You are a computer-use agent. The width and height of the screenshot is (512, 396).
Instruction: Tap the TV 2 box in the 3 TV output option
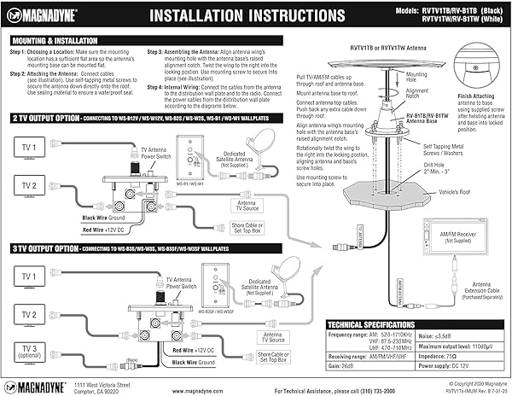click(28, 315)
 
